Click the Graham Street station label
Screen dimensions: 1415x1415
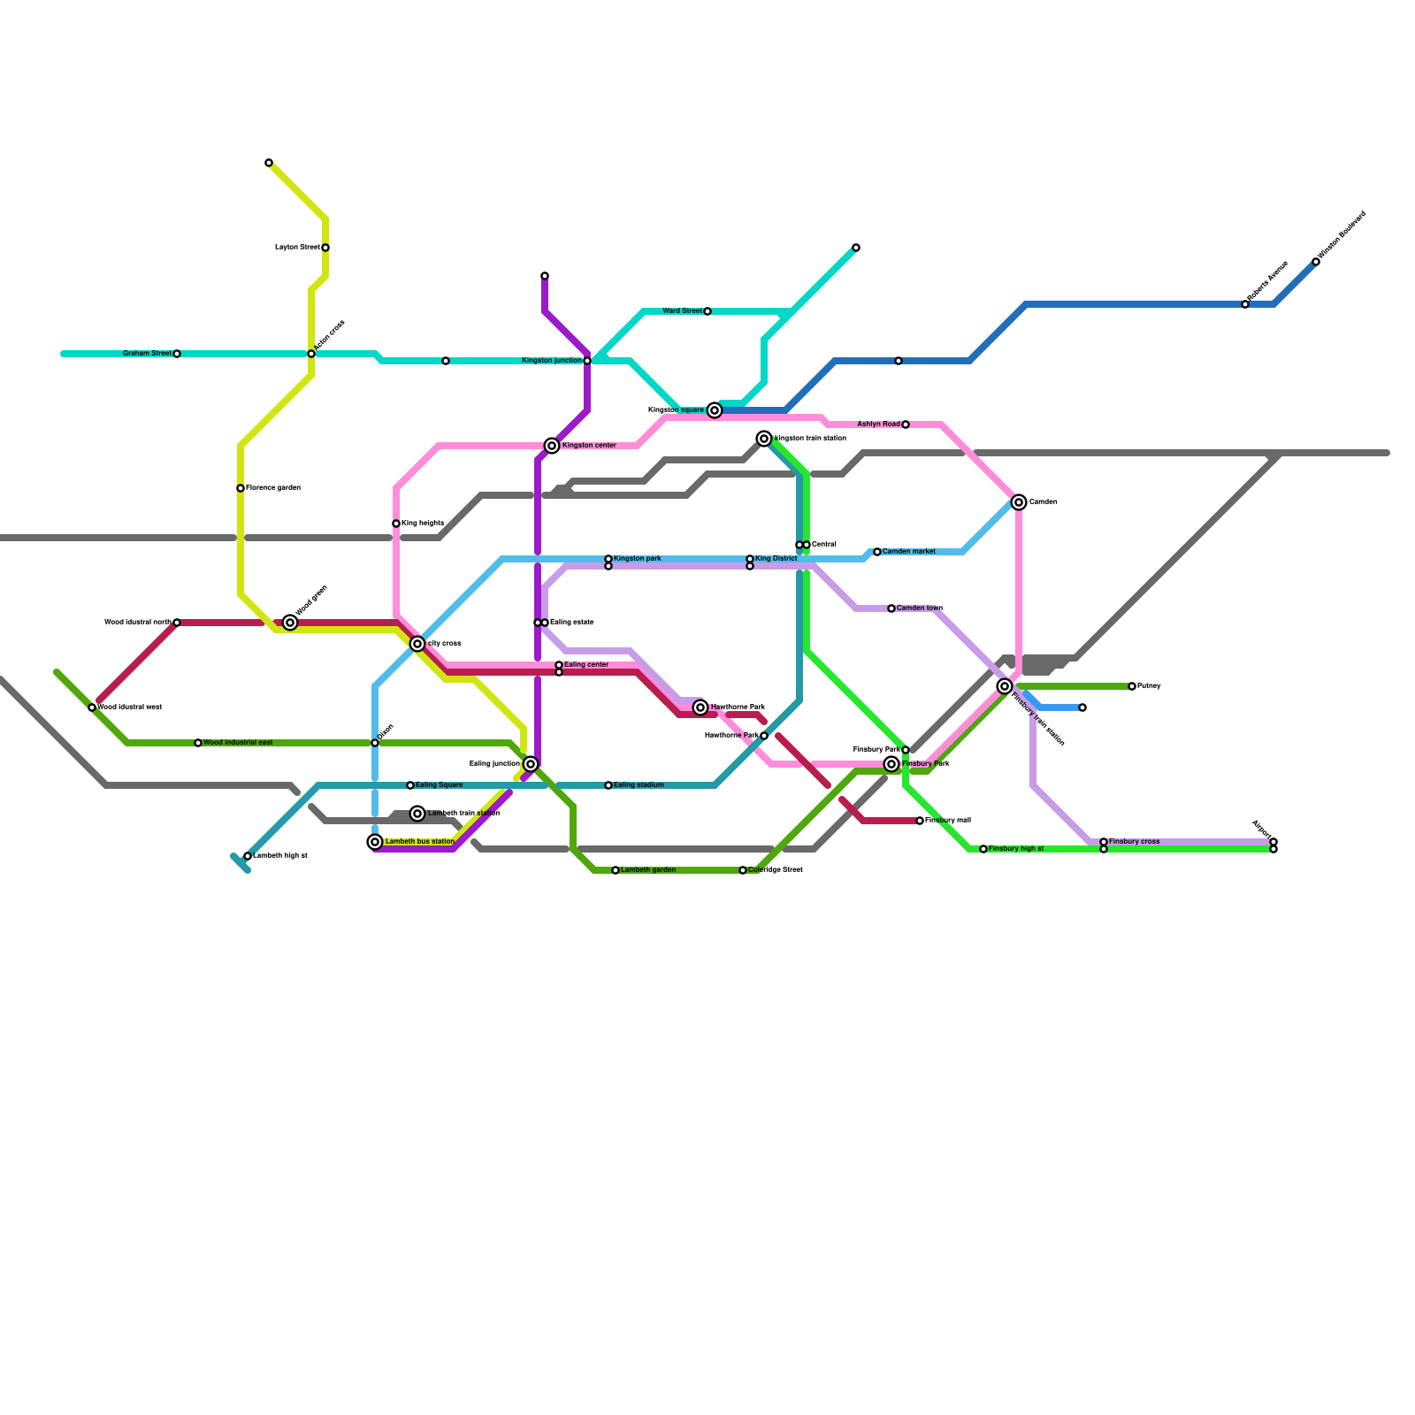pyautogui.click(x=147, y=354)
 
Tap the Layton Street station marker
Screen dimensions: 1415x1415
pyautogui.click(x=325, y=248)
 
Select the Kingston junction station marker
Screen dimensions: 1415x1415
pyautogui.click(x=587, y=361)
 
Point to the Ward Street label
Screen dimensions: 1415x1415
pyautogui.click(x=682, y=311)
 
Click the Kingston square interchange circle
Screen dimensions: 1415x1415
pyautogui.click(x=715, y=410)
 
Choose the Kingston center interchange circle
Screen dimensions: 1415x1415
pyautogui.click(x=552, y=446)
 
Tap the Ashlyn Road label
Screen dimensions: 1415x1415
pyautogui.click(x=878, y=424)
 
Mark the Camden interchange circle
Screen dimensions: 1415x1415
pyautogui.click(x=1019, y=502)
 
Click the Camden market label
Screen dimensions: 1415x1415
pyautogui.click(x=909, y=552)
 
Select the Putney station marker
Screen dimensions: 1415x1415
pyautogui.click(x=1132, y=686)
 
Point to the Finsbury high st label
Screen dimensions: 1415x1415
pyautogui.click(x=1016, y=849)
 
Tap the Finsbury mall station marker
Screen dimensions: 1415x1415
pyautogui.click(x=920, y=821)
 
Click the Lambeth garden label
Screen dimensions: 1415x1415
pyautogui.click(x=648, y=870)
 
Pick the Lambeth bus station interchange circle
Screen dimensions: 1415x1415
pyautogui.click(x=375, y=842)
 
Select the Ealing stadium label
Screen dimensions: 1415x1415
pyautogui.click(x=639, y=785)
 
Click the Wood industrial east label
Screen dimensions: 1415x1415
pyautogui.click(x=238, y=743)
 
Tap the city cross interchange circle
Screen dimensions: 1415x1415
pyautogui.click(x=417, y=644)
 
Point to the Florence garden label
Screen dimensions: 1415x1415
pyautogui.click(x=273, y=488)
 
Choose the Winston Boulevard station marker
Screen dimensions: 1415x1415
pyautogui.click(x=1316, y=262)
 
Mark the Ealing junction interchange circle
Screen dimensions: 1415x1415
pyautogui.click(x=531, y=764)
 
